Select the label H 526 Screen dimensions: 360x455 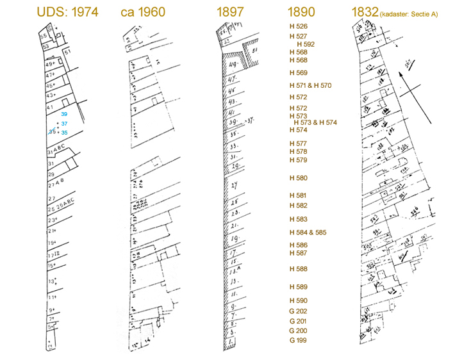299,26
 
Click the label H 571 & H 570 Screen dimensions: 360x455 310,85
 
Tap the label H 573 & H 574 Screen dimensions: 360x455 315,122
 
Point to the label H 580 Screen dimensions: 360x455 299,178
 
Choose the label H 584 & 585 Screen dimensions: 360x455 308,232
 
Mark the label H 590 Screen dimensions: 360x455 299,300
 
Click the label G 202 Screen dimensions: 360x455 299,311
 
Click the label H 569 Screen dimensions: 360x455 299,73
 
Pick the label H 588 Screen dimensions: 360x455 299,269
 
